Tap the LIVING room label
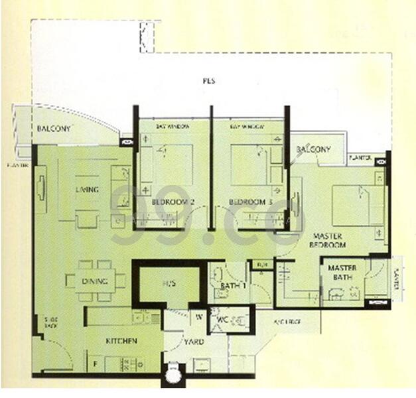point(86,190)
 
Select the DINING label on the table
point(95,281)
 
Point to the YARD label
point(194,342)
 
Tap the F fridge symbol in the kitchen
point(95,364)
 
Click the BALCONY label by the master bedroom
point(313,149)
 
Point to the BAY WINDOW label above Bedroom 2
point(173,126)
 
